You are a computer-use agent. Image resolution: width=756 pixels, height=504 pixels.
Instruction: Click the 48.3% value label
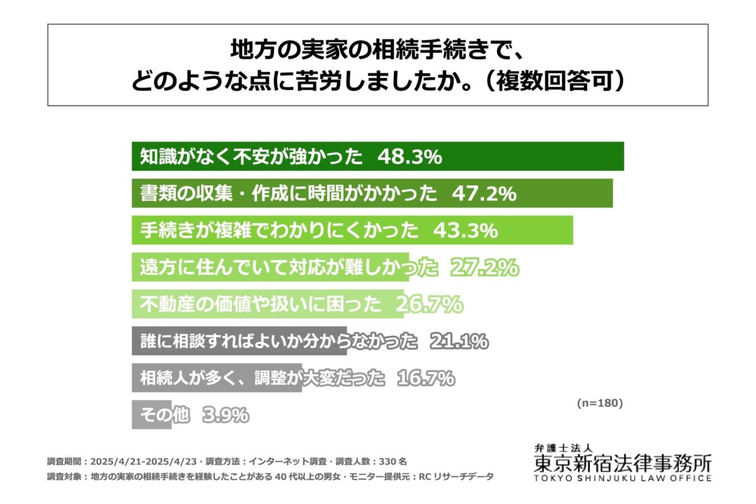pyautogui.click(x=409, y=157)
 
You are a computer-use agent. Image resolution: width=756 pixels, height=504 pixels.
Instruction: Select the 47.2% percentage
pyautogui.click(x=484, y=194)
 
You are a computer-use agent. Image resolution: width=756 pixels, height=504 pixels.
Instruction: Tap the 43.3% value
pyautogui.click(x=466, y=231)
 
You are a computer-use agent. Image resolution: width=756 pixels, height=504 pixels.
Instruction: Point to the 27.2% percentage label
pyautogui.click(x=484, y=268)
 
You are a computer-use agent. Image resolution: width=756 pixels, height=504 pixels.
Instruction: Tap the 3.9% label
pyautogui.click(x=226, y=415)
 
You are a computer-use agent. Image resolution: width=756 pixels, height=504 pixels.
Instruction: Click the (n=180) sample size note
pyautogui.click(x=599, y=403)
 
